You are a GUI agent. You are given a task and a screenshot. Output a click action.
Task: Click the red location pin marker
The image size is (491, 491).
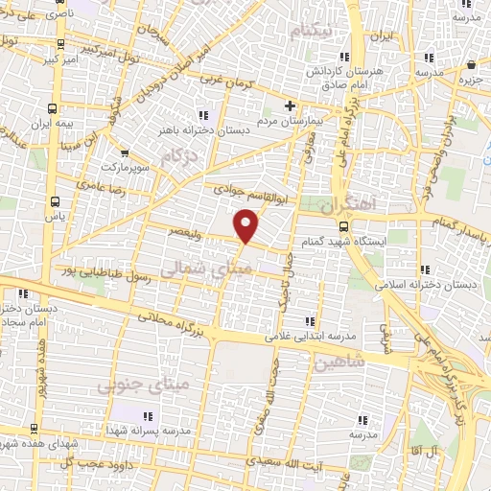point(247,226)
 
